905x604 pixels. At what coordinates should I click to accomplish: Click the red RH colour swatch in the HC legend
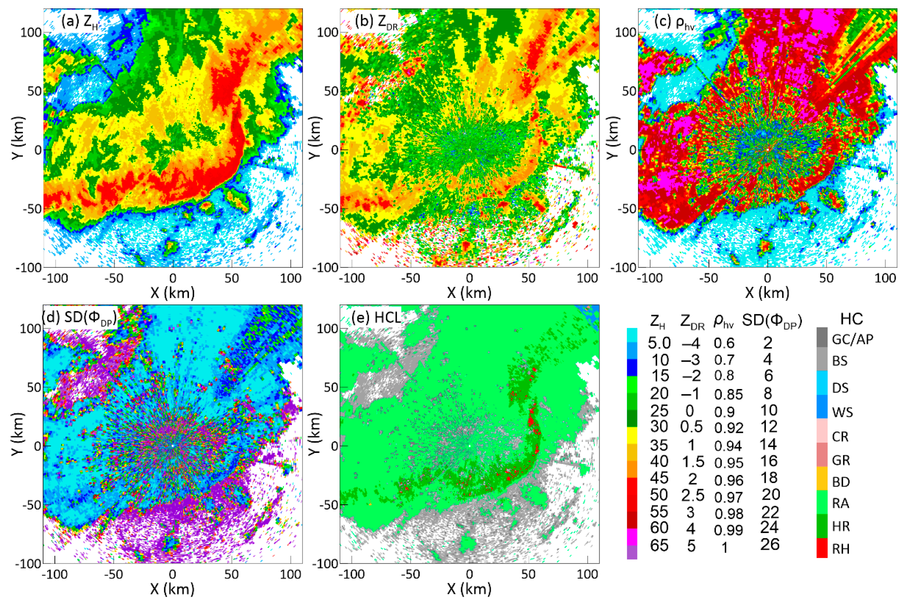822,549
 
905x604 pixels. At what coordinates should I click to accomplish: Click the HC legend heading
851,319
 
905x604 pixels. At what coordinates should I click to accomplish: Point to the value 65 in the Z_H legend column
659,546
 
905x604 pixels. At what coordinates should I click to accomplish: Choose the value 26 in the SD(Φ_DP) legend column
770,544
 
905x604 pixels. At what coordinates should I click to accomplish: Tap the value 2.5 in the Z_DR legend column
692,495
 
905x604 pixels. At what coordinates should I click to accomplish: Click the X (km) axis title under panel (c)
767,293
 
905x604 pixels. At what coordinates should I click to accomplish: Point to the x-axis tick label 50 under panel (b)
529,278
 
